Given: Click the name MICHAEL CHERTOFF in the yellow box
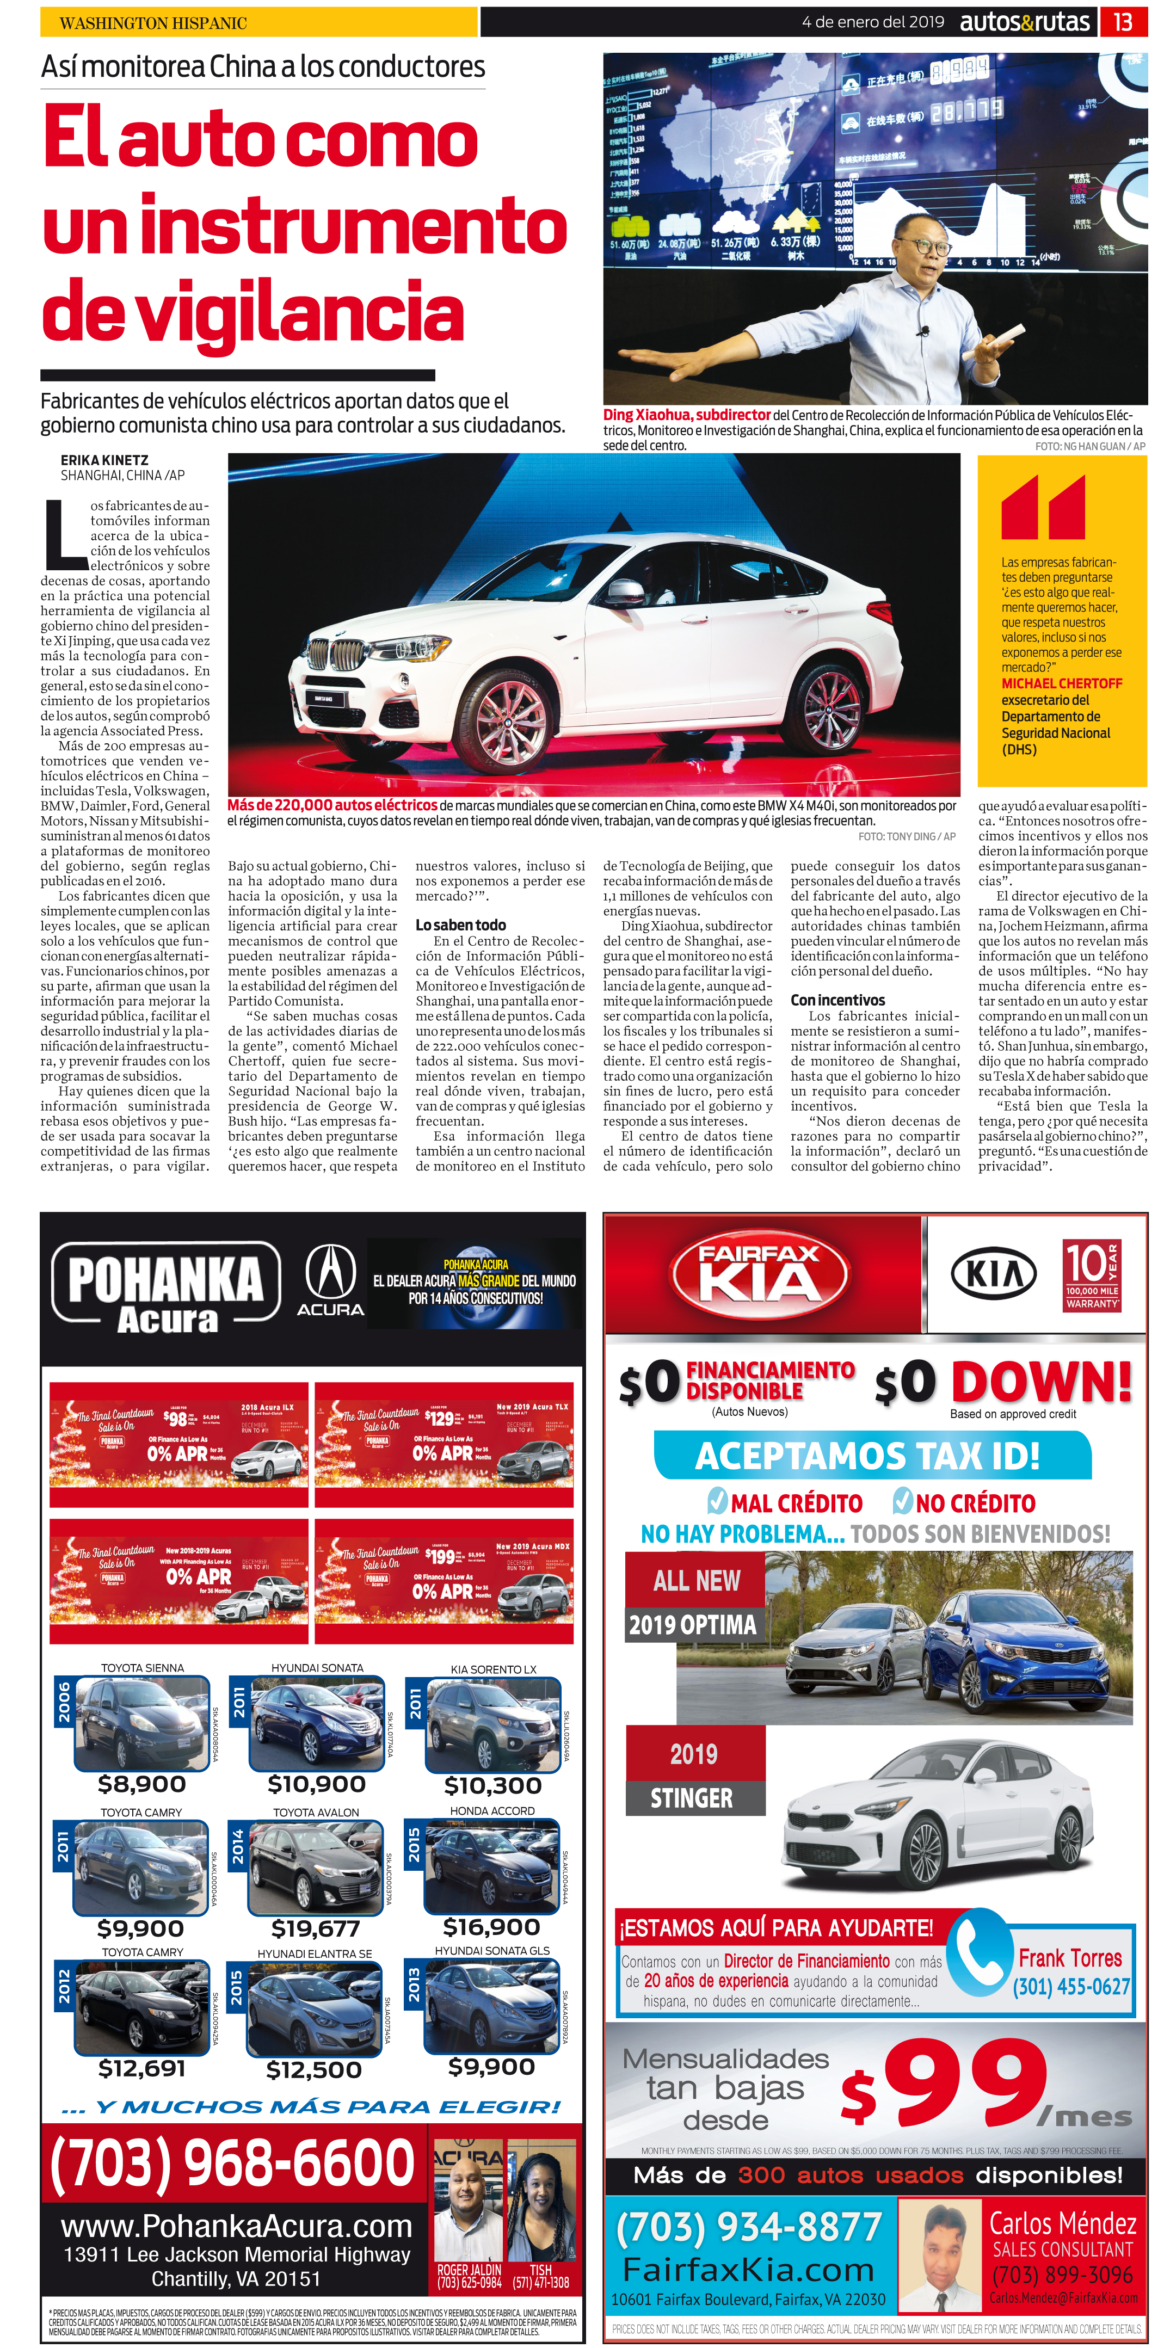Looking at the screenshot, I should pos(1061,683).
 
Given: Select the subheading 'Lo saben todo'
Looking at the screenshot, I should pos(460,925).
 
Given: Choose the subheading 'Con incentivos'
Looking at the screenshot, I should pos(837,1000).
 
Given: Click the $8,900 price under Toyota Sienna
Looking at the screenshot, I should pos(141,1784).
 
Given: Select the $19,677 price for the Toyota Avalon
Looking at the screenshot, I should pos(316,1928).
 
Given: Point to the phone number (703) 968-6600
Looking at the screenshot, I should pos(233,2161).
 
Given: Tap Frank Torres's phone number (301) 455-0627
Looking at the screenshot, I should pos(1071,1987).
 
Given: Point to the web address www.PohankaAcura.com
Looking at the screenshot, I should pos(236,2226).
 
